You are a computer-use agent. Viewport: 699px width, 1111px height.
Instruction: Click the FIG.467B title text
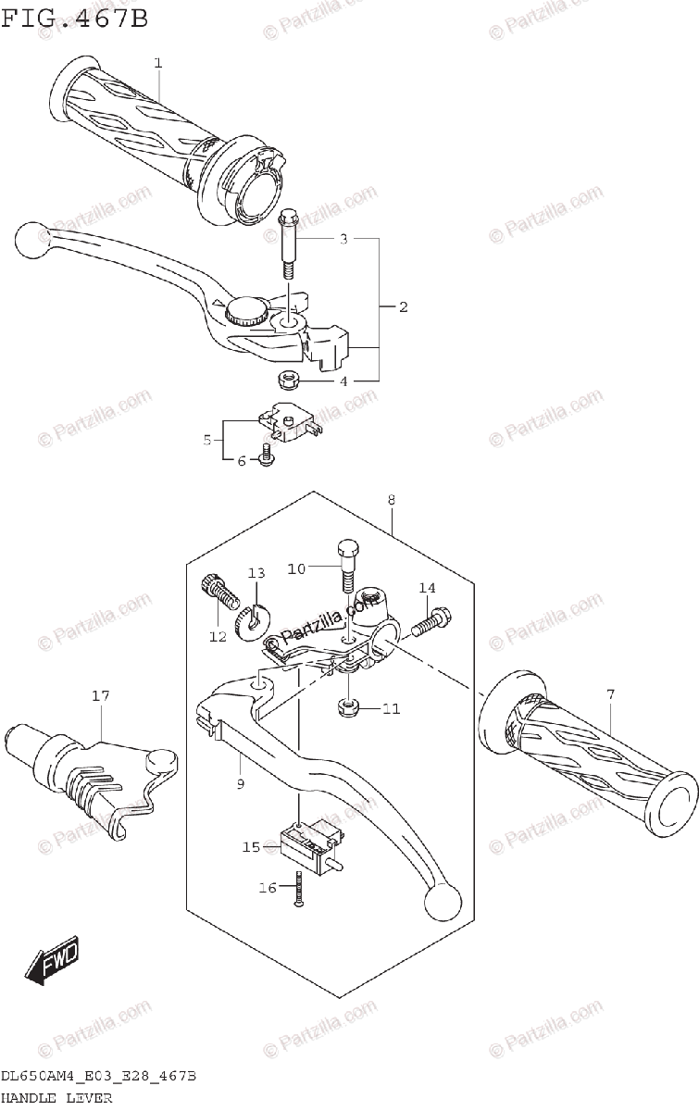(x=75, y=18)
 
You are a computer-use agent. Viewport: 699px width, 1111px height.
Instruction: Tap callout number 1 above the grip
(x=157, y=62)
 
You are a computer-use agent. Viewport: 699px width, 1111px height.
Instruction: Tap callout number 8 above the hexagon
(x=392, y=500)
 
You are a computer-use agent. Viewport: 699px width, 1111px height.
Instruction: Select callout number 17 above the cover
(x=98, y=694)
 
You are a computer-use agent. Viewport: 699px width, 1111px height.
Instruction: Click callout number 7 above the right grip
(x=610, y=694)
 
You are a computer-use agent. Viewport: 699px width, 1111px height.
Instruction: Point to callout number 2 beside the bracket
(x=403, y=306)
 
